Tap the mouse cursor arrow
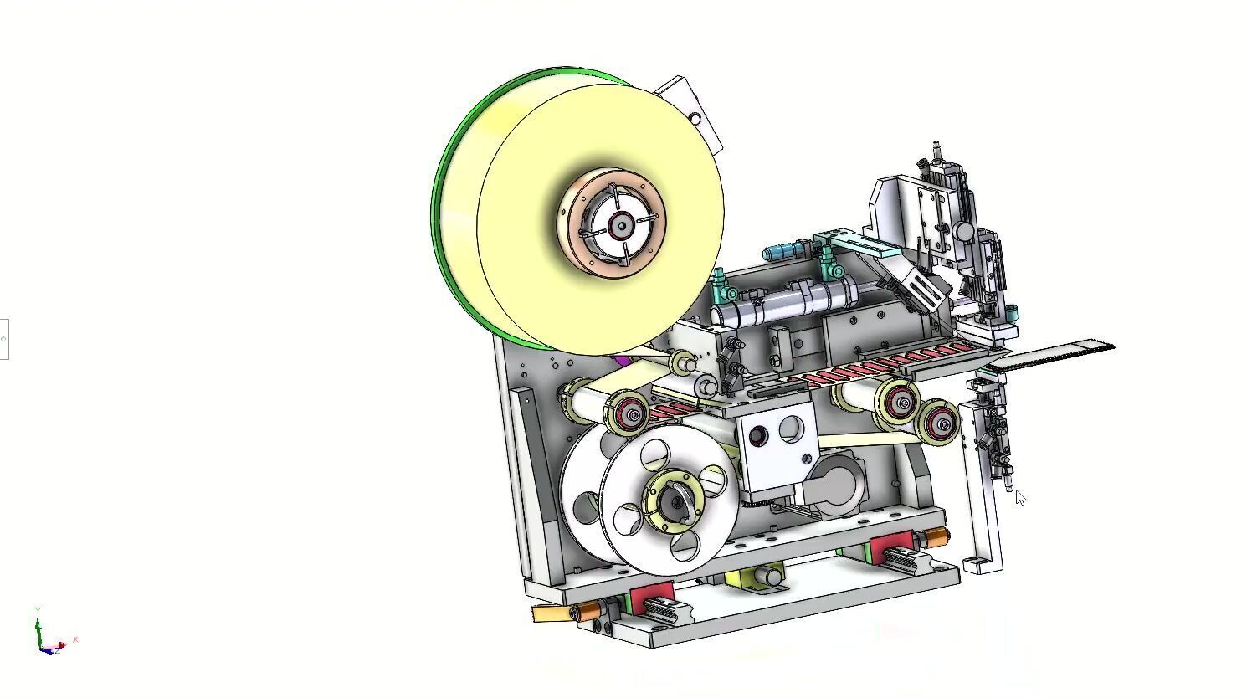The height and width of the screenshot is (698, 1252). [1019, 498]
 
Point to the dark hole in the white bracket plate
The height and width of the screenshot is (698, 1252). [759, 435]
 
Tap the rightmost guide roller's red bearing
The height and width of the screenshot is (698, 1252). [942, 424]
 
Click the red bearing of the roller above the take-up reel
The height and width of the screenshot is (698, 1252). [631, 413]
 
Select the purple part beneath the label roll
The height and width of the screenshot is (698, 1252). [622, 361]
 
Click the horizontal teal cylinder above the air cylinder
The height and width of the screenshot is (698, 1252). [782, 251]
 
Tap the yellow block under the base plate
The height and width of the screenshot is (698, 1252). [741, 577]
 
